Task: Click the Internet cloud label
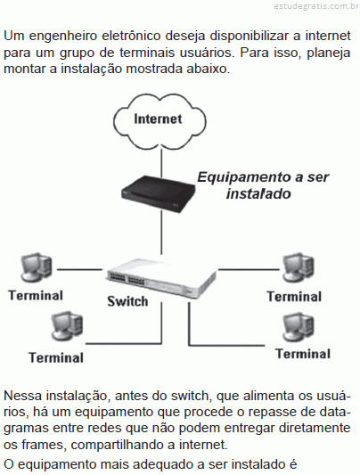[x=158, y=119]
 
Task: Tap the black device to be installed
[x=158, y=193]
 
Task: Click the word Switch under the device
[x=127, y=301]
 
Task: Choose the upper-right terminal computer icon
[x=298, y=267]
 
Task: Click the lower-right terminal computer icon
[x=299, y=328]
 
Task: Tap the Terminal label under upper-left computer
[x=36, y=295]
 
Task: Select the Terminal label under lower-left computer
[x=56, y=357]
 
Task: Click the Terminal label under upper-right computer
[x=294, y=297]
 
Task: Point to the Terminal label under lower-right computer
[x=303, y=354]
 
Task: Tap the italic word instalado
[x=258, y=194]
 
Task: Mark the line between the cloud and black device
[x=161, y=163]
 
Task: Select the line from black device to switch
[x=161, y=233]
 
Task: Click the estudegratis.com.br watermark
[x=316, y=6]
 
